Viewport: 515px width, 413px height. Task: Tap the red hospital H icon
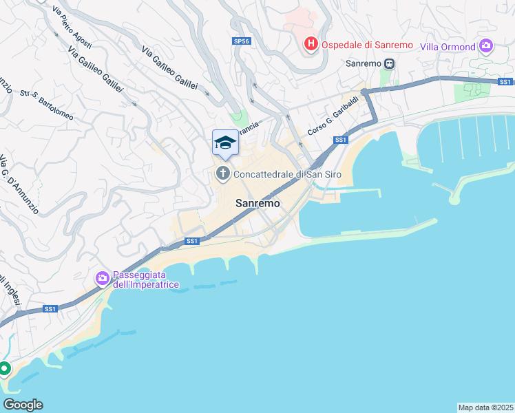pos(311,45)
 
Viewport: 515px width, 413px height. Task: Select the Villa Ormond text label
pos(448,47)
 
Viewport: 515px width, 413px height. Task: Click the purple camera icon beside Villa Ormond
pos(487,46)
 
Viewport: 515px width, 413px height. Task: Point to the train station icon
pos(390,63)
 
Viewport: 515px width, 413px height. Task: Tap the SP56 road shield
pos(242,41)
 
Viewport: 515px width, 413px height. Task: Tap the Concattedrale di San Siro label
pos(288,174)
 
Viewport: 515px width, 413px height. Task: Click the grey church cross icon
pos(223,173)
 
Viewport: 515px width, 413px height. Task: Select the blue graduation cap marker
pos(225,143)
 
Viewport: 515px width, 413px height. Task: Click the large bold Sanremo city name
pos(258,204)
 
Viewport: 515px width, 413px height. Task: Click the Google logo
pos(23,405)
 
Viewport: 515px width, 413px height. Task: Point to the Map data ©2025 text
pos(485,407)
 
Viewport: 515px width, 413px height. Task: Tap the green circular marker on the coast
pos(3,369)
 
